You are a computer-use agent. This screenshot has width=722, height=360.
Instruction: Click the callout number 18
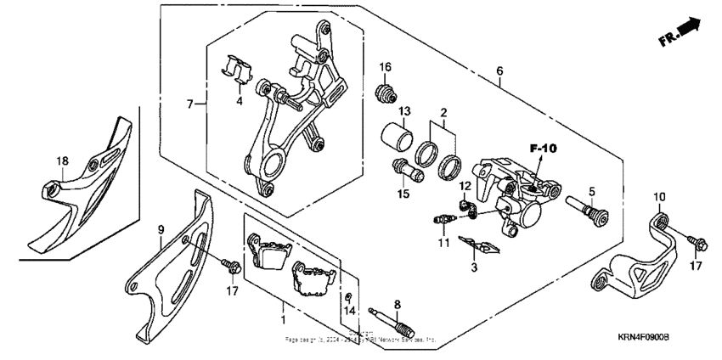point(62,160)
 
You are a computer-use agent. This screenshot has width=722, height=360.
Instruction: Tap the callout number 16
point(385,67)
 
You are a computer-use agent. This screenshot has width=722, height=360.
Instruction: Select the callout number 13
point(404,112)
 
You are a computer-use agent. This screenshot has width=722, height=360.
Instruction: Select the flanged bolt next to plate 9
point(230,266)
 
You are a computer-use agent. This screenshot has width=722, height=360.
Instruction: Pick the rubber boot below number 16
point(387,91)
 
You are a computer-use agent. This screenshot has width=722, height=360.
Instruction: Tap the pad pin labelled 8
point(391,323)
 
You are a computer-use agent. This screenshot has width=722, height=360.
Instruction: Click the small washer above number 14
point(349,295)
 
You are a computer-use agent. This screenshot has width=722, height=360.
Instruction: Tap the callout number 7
point(191,104)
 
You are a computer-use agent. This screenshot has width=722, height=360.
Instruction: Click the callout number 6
point(500,71)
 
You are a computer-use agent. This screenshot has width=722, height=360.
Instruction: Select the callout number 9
point(161,229)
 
